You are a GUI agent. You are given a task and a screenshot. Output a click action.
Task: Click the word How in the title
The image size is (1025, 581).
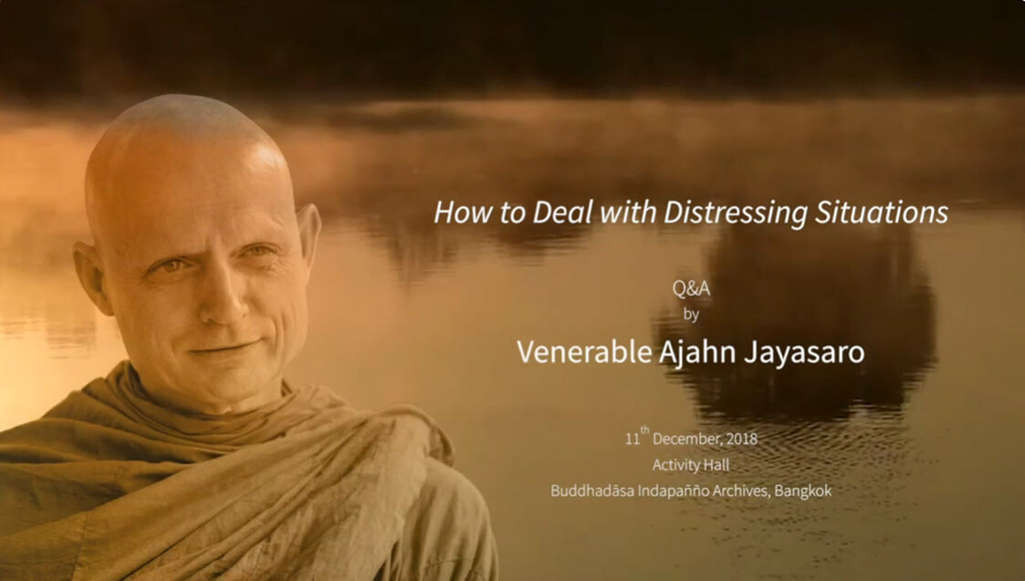[x=455, y=213]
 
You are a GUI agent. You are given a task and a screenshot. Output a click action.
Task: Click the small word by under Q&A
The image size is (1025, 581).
[x=691, y=315]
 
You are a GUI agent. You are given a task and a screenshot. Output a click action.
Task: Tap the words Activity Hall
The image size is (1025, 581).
[x=691, y=465]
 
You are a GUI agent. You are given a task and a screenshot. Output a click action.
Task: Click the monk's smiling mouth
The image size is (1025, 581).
[x=223, y=348]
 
